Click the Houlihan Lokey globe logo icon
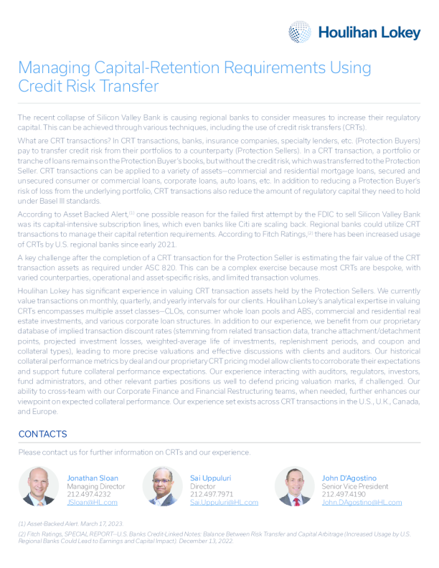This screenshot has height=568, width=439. (x=300, y=32)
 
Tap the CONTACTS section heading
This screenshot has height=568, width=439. (x=42, y=435)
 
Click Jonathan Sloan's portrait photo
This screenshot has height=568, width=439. (x=38, y=487)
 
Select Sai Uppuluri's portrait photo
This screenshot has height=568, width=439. (x=163, y=487)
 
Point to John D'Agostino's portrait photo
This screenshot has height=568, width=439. (x=294, y=487)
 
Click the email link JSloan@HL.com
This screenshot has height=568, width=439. (x=92, y=503)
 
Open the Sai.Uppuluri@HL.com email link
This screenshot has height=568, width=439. (x=224, y=503)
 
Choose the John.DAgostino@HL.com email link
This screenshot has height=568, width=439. (x=362, y=503)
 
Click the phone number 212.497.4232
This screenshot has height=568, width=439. (x=89, y=494)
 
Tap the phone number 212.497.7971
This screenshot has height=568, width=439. (x=212, y=494)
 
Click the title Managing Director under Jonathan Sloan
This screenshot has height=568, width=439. (x=95, y=486)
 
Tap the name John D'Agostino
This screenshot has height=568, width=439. (x=349, y=477)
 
